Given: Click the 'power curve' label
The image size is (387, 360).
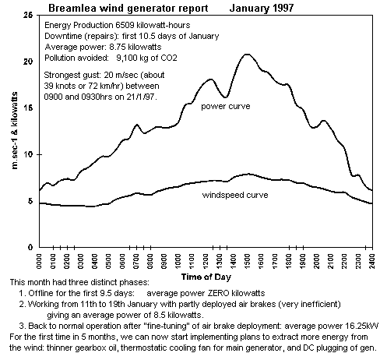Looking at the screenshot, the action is point(226,106).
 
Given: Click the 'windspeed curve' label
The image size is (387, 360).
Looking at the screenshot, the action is point(235,195).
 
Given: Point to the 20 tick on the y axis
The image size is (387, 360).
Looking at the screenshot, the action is point(28,62).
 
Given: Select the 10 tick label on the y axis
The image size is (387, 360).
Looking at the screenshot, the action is point(28,154).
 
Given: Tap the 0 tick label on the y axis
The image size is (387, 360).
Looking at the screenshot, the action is point(30,247).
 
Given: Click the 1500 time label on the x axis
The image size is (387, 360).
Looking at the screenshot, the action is point(247,261).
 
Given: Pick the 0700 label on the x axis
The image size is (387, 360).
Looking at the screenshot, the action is point(136,261).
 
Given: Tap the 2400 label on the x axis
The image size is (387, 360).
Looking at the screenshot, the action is point(372,261).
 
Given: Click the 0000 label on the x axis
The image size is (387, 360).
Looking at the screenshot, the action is point(39,261).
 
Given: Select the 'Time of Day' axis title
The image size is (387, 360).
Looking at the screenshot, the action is point(206,277).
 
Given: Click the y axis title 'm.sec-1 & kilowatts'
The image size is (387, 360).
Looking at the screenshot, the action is point(15,130).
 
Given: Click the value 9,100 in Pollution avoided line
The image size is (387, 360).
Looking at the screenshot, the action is point(126,58).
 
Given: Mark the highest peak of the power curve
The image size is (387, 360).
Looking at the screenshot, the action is point(247,55).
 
